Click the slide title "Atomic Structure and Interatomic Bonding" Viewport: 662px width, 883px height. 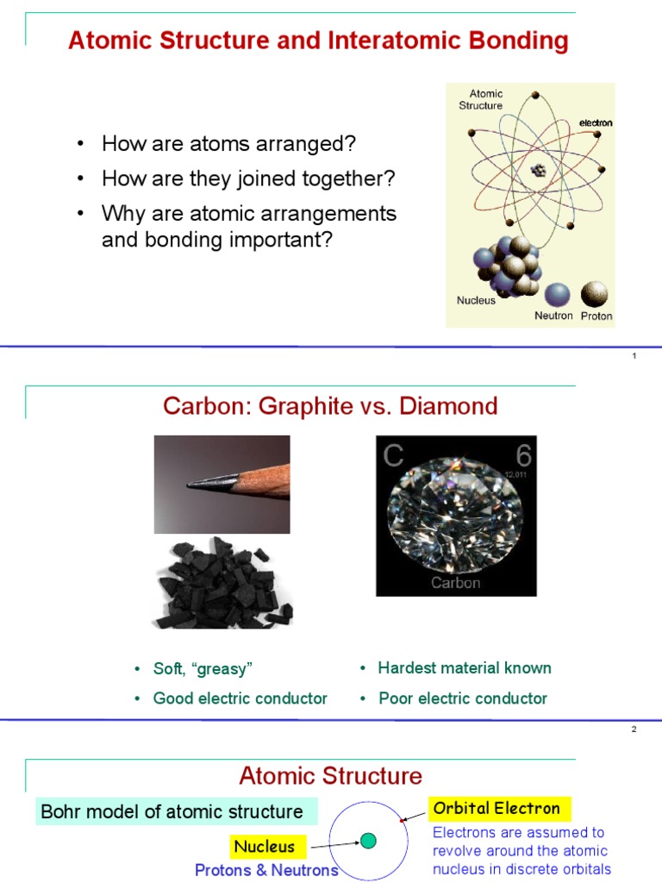(318, 41)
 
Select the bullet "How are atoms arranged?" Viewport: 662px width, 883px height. (228, 143)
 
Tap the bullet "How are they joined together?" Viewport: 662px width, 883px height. (248, 178)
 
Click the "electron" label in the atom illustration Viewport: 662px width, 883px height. (596, 123)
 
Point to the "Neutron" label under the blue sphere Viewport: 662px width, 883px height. (553, 316)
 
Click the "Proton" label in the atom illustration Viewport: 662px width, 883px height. (596, 316)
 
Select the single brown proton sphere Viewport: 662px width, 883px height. (594, 294)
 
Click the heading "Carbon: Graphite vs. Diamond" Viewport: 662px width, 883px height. (330, 406)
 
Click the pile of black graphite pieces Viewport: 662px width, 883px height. (222, 583)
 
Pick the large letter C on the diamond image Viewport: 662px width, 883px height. (394, 456)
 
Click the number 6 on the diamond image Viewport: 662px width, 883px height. (523, 456)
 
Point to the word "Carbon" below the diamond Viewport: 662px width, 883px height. (456, 583)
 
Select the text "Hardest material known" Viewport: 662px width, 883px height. (465, 668)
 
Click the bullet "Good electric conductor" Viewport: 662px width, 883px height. (240, 698)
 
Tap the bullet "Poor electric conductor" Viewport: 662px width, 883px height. (463, 698)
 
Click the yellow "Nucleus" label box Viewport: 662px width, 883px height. (264, 847)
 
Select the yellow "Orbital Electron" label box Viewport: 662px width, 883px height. (496, 809)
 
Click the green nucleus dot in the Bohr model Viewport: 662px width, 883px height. (368, 840)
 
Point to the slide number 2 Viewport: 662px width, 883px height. (634, 730)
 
